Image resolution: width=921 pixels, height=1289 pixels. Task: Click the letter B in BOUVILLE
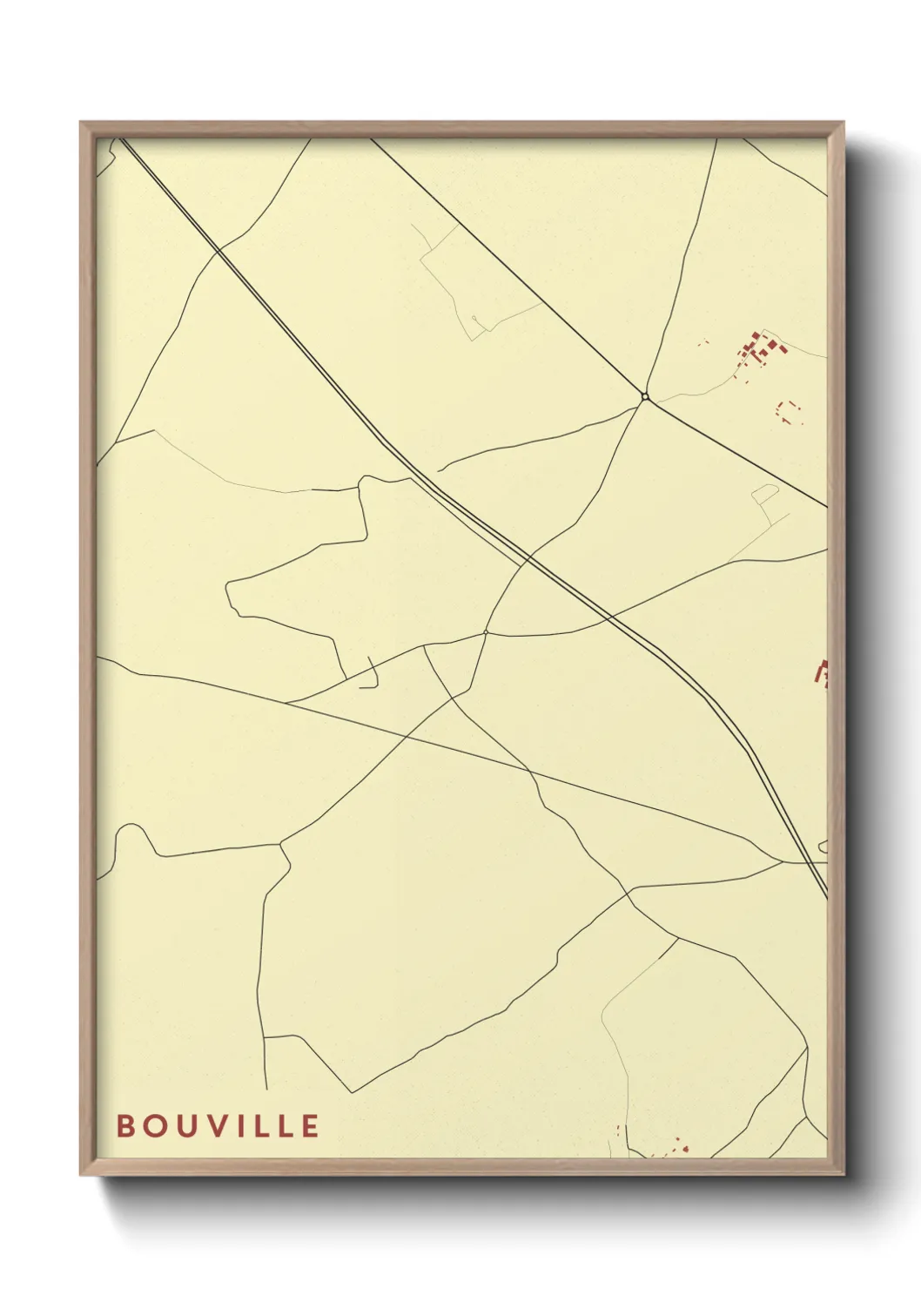[x=125, y=1126]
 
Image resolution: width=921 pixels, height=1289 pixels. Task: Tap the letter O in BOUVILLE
[x=154, y=1126]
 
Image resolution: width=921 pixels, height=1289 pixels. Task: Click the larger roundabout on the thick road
[x=645, y=397]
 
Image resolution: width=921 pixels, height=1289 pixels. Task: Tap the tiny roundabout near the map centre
[x=485, y=632]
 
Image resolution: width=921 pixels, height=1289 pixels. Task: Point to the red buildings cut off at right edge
[x=821, y=672]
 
